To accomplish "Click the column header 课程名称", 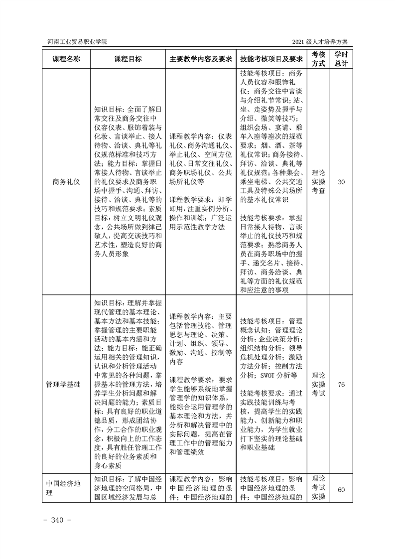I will (x=66, y=58).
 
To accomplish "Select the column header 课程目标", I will (x=128, y=58).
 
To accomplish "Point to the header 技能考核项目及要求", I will (x=271, y=58).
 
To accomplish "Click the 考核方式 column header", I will (x=318, y=58).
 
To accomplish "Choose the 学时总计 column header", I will (x=341, y=58).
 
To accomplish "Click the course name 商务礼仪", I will (x=66, y=182).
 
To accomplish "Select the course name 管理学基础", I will (x=66, y=384).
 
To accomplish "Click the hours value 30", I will (x=341, y=182).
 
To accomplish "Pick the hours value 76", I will (x=341, y=384).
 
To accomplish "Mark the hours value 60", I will (x=341, y=490).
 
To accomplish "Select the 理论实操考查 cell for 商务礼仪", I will (x=318, y=182).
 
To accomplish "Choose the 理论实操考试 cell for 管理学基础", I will (x=318, y=384).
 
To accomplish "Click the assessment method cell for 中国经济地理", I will (x=318, y=490).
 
